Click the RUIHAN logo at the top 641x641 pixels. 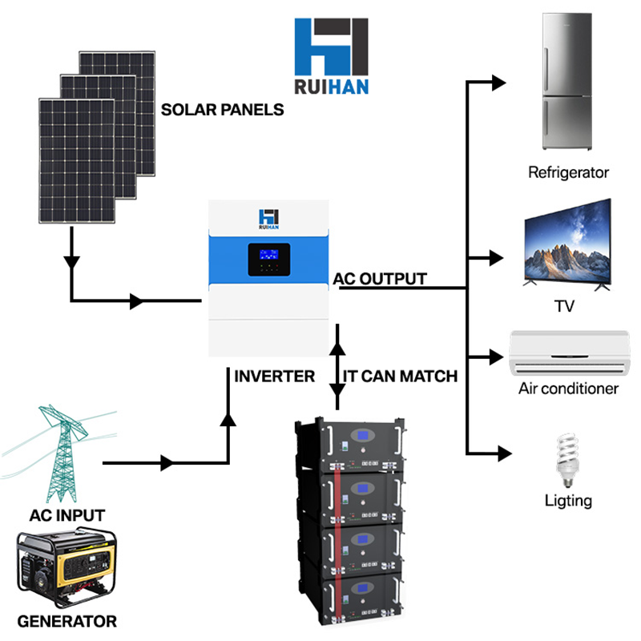[332, 57]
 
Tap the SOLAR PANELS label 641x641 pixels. [223, 110]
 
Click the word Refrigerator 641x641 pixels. [569, 172]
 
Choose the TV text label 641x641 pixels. [565, 307]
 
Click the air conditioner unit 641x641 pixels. [568, 353]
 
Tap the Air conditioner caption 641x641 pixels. [568, 389]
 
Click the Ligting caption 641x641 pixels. [568, 502]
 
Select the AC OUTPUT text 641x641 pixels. [380, 279]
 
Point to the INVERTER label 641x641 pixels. [275, 376]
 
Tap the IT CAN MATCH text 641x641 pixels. [400, 376]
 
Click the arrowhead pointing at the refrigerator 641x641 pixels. [499, 82]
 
